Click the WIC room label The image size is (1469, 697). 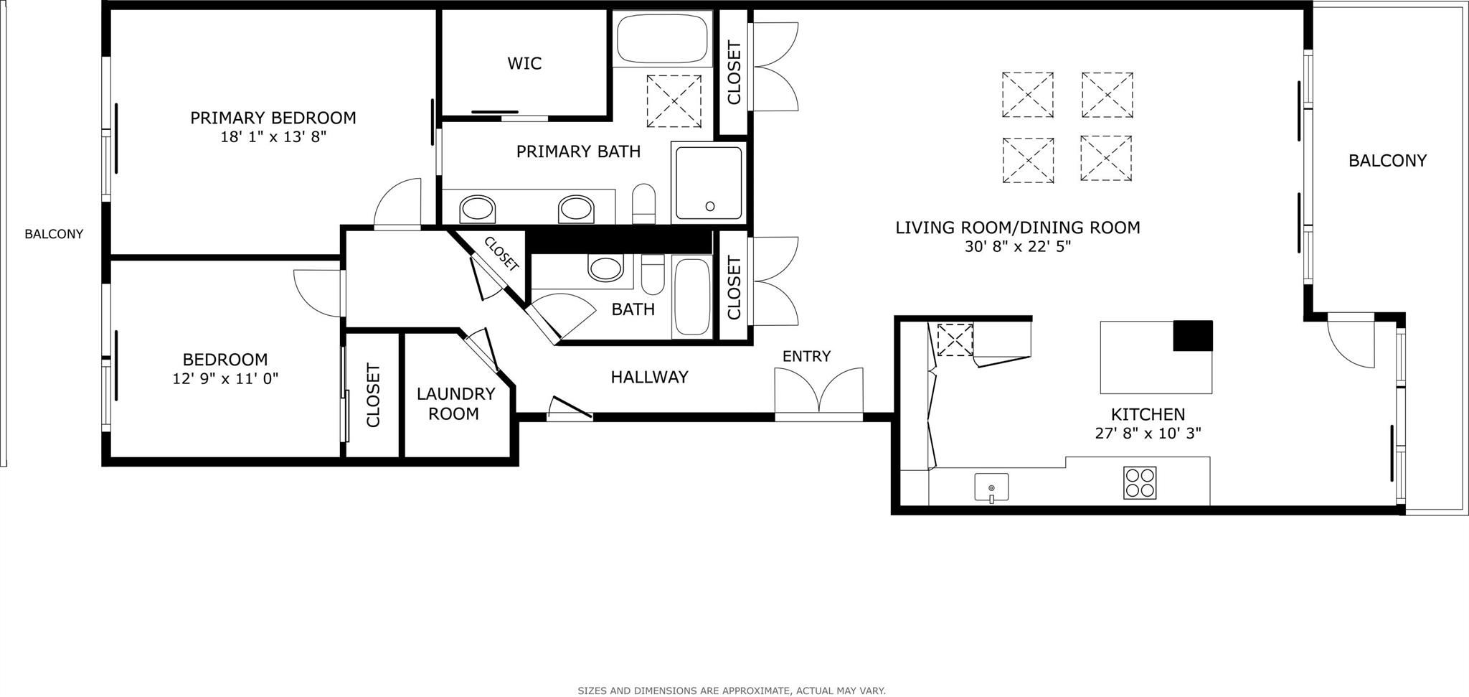click(x=524, y=63)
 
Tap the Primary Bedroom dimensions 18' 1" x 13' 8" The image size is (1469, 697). click(x=273, y=136)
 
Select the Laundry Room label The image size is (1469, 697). click(x=456, y=403)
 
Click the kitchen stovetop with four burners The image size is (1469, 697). click(x=1140, y=483)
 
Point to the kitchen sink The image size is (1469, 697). click(x=991, y=487)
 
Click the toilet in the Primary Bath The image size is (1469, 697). click(x=644, y=204)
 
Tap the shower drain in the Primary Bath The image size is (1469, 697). click(x=710, y=207)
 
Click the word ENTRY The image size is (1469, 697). click(x=806, y=356)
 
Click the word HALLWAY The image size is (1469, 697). click(x=649, y=377)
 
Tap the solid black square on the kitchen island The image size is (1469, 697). click(x=1192, y=336)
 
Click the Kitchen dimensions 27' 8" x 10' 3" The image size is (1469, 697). click(x=1148, y=434)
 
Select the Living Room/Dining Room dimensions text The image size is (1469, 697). click(x=1018, y=247)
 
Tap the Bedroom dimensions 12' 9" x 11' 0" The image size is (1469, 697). click(x=225, y=378)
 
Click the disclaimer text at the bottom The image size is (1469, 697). click(x=732, y=691)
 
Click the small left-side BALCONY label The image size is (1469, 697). click(x=54, y=234)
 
